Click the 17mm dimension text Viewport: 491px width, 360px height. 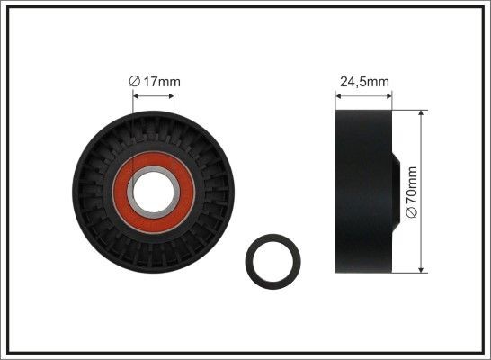[x=162, y=82]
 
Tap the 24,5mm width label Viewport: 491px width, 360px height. [x=364, y=82]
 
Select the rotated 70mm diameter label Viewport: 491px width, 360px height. [x=413, y=192]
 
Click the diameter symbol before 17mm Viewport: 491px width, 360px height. [x=135, y=82]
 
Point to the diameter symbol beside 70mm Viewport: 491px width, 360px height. [x=413, y=214]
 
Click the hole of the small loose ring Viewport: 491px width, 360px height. [x=273, y=260]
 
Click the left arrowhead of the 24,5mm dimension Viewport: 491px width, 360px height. [x=337, y=94]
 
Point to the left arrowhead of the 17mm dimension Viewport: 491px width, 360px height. [x=135, y=93]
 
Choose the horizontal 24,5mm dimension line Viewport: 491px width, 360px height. [x=364, y=94]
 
